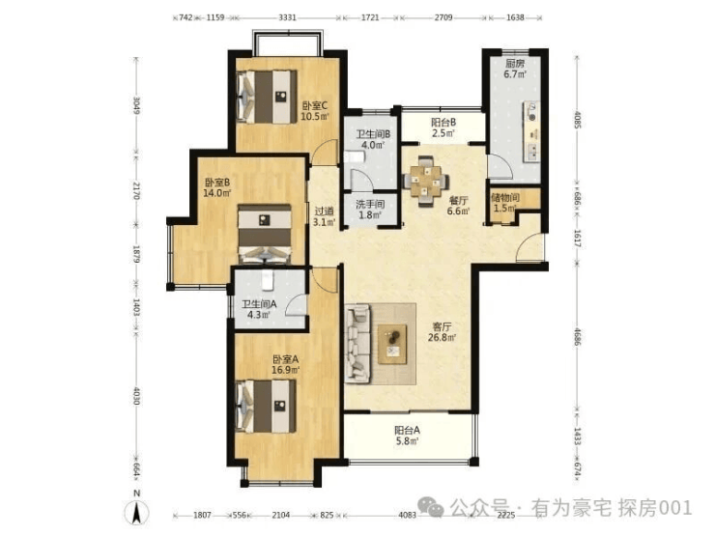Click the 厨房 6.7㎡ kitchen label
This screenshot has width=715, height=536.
point(514,69)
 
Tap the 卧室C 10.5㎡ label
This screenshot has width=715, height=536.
point(315,111)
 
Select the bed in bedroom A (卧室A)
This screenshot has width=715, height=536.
point(266,406)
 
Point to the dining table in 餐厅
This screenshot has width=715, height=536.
point(426,182)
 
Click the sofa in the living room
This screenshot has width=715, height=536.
point(357,343)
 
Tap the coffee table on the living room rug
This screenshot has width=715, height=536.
point(392,344)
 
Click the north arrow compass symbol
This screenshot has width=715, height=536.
point(136,511)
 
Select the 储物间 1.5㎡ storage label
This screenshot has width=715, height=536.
point(505,203)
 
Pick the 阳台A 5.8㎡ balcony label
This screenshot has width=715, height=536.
point(407,436)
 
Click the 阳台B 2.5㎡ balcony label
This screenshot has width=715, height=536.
point(443,128)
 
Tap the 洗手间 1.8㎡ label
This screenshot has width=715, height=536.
point(370,210)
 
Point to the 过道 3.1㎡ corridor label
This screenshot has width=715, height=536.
point(325,216)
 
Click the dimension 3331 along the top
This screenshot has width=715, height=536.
point(287,17)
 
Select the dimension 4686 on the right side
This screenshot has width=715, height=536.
point(577,337)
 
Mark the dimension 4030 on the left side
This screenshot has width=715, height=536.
point(136,397)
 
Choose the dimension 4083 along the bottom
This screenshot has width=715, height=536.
point(407,515)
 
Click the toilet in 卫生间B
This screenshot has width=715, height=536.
point(356,157)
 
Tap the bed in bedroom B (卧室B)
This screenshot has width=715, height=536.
point(265,234)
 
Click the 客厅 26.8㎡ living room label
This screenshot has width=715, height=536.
point(442,332)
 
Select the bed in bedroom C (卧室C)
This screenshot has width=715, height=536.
point(267,97)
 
